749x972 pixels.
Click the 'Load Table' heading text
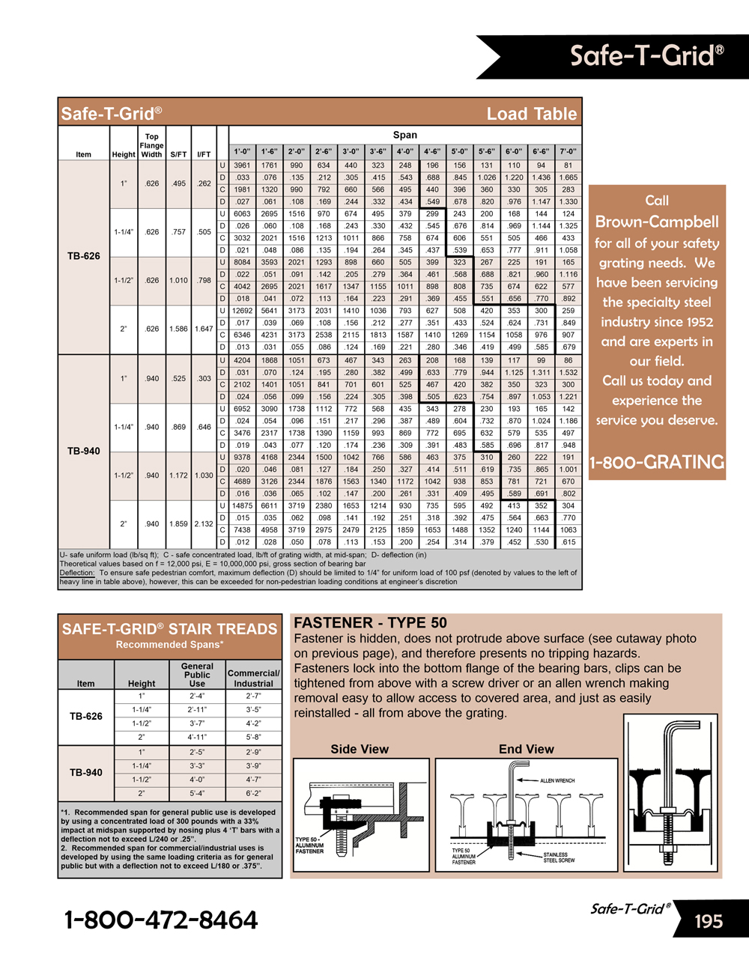coord(531,114)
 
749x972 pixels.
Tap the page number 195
coord(708,921)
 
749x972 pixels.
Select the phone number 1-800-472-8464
coord(161,920)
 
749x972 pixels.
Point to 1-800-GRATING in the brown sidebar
coord(657,462)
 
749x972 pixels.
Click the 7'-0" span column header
coord(568,151)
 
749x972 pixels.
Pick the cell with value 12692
coord(242,311)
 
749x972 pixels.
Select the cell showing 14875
coord(242,506)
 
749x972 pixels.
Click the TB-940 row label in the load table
coord(84,451)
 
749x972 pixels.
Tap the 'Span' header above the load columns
coord(404,136)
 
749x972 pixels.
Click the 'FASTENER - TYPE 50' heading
coord(370,623)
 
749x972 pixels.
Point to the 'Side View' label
coord(360,749)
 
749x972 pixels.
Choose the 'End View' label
coord(526,749)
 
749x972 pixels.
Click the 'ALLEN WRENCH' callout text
coord(557,780)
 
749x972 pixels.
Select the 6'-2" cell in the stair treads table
coord(254,793)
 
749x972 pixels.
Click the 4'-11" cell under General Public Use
coord(197,737)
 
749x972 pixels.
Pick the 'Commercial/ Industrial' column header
coord(254,678)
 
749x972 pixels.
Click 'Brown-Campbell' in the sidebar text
coord(657,222)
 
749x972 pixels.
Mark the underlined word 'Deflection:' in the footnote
coord(77,573)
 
